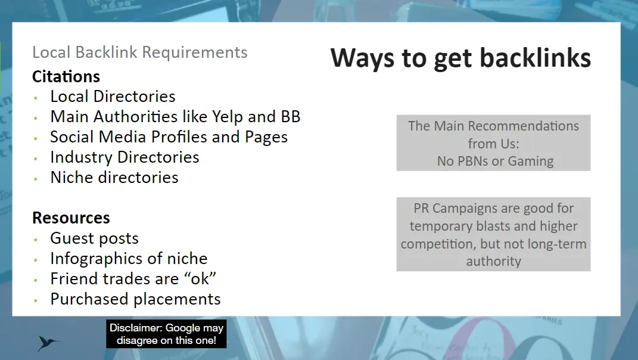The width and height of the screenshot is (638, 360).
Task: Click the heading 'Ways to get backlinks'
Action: (x=460, y=58)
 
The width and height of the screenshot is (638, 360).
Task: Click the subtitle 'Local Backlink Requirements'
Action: (x=139, y=52)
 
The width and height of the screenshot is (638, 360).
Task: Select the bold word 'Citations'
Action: (x=66, y=76)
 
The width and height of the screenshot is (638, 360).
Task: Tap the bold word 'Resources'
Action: (x=71, y=218)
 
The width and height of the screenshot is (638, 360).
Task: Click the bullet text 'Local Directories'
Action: (x=113, y=97)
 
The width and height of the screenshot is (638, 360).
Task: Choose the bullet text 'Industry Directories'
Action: (x=125, y=157)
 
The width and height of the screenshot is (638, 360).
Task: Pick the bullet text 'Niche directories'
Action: (x=114, y=178)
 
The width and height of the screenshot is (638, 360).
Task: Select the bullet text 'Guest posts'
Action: (x=94, y=238)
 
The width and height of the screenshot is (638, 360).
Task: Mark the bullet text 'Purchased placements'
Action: (x=135, y=299)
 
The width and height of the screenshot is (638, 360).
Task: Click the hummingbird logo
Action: (x=48, y=343)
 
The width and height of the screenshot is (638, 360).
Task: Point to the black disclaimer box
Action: (x=166, y=334)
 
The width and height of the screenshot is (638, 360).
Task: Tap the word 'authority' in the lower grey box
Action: (x=494, y=262)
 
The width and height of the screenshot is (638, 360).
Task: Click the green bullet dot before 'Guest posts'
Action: (x=36, y=240)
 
